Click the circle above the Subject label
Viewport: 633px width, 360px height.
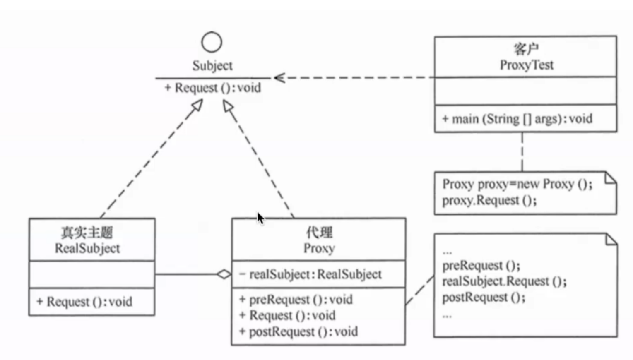pos(212,42)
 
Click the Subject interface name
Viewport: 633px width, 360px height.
pos(212,65)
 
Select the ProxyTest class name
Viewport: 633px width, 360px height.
pos(526,65)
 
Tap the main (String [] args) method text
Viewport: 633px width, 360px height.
pos(517,119)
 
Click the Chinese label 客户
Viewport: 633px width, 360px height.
pos(526,49)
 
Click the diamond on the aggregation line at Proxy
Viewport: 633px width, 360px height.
pos(224,274)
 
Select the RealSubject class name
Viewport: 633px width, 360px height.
pos(87,248)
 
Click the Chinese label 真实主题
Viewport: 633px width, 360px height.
pos(87,233)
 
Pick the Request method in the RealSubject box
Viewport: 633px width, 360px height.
pos(84,302)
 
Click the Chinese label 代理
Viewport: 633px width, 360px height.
pos(319,233)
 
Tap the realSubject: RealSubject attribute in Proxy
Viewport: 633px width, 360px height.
pos(310,274)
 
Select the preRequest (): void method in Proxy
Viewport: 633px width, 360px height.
pos(296,299)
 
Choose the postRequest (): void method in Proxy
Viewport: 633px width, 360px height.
pos(298,331)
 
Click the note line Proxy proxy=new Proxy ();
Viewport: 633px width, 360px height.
pos(517,184)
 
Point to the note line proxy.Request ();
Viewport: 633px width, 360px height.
pos(489,201)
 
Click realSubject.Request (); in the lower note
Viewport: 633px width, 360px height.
pos(504,281)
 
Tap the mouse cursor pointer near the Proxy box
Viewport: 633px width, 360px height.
pos(260,218)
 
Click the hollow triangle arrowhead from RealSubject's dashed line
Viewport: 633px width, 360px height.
pos(196,105)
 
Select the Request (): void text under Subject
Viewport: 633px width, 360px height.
pos(213,88)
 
